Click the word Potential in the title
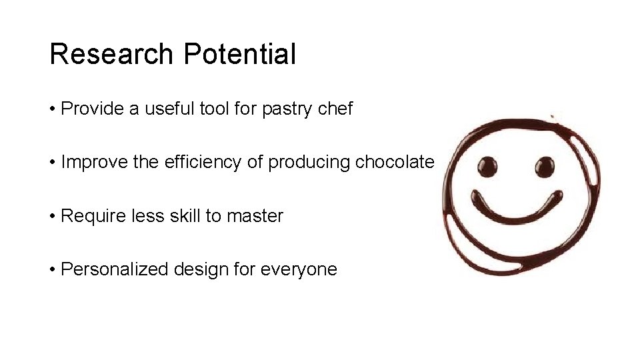tap(239, 54)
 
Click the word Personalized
tap(115, 269)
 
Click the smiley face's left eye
tap(487, 167)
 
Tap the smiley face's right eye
tap(544, 167)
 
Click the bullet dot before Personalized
tap(53, 270)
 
